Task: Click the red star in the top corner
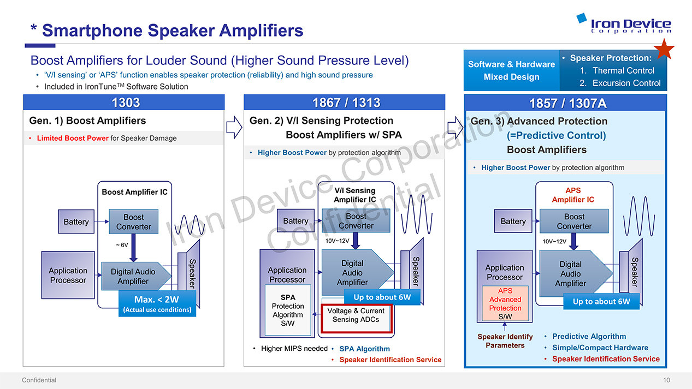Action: point(665,49)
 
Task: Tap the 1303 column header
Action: point(125,103)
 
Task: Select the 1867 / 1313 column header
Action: point(346,103)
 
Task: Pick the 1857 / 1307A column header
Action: point(567,103)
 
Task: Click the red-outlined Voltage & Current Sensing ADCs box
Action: point(356,315)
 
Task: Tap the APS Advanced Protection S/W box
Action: point(505,304)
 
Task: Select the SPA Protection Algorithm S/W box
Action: point(288,310)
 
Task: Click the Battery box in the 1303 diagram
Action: point(76,222)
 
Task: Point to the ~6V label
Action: point(122,245)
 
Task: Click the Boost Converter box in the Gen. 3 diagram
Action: point(574,221)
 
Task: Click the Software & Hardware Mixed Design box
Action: point(511,71)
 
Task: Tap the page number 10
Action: point(666,380)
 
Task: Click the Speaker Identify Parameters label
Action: point(505,341)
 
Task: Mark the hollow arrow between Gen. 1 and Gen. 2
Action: point(234,127)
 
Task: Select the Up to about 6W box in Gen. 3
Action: point(601,301)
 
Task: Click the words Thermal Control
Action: point(623,70)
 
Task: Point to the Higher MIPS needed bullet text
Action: point(294,348)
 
